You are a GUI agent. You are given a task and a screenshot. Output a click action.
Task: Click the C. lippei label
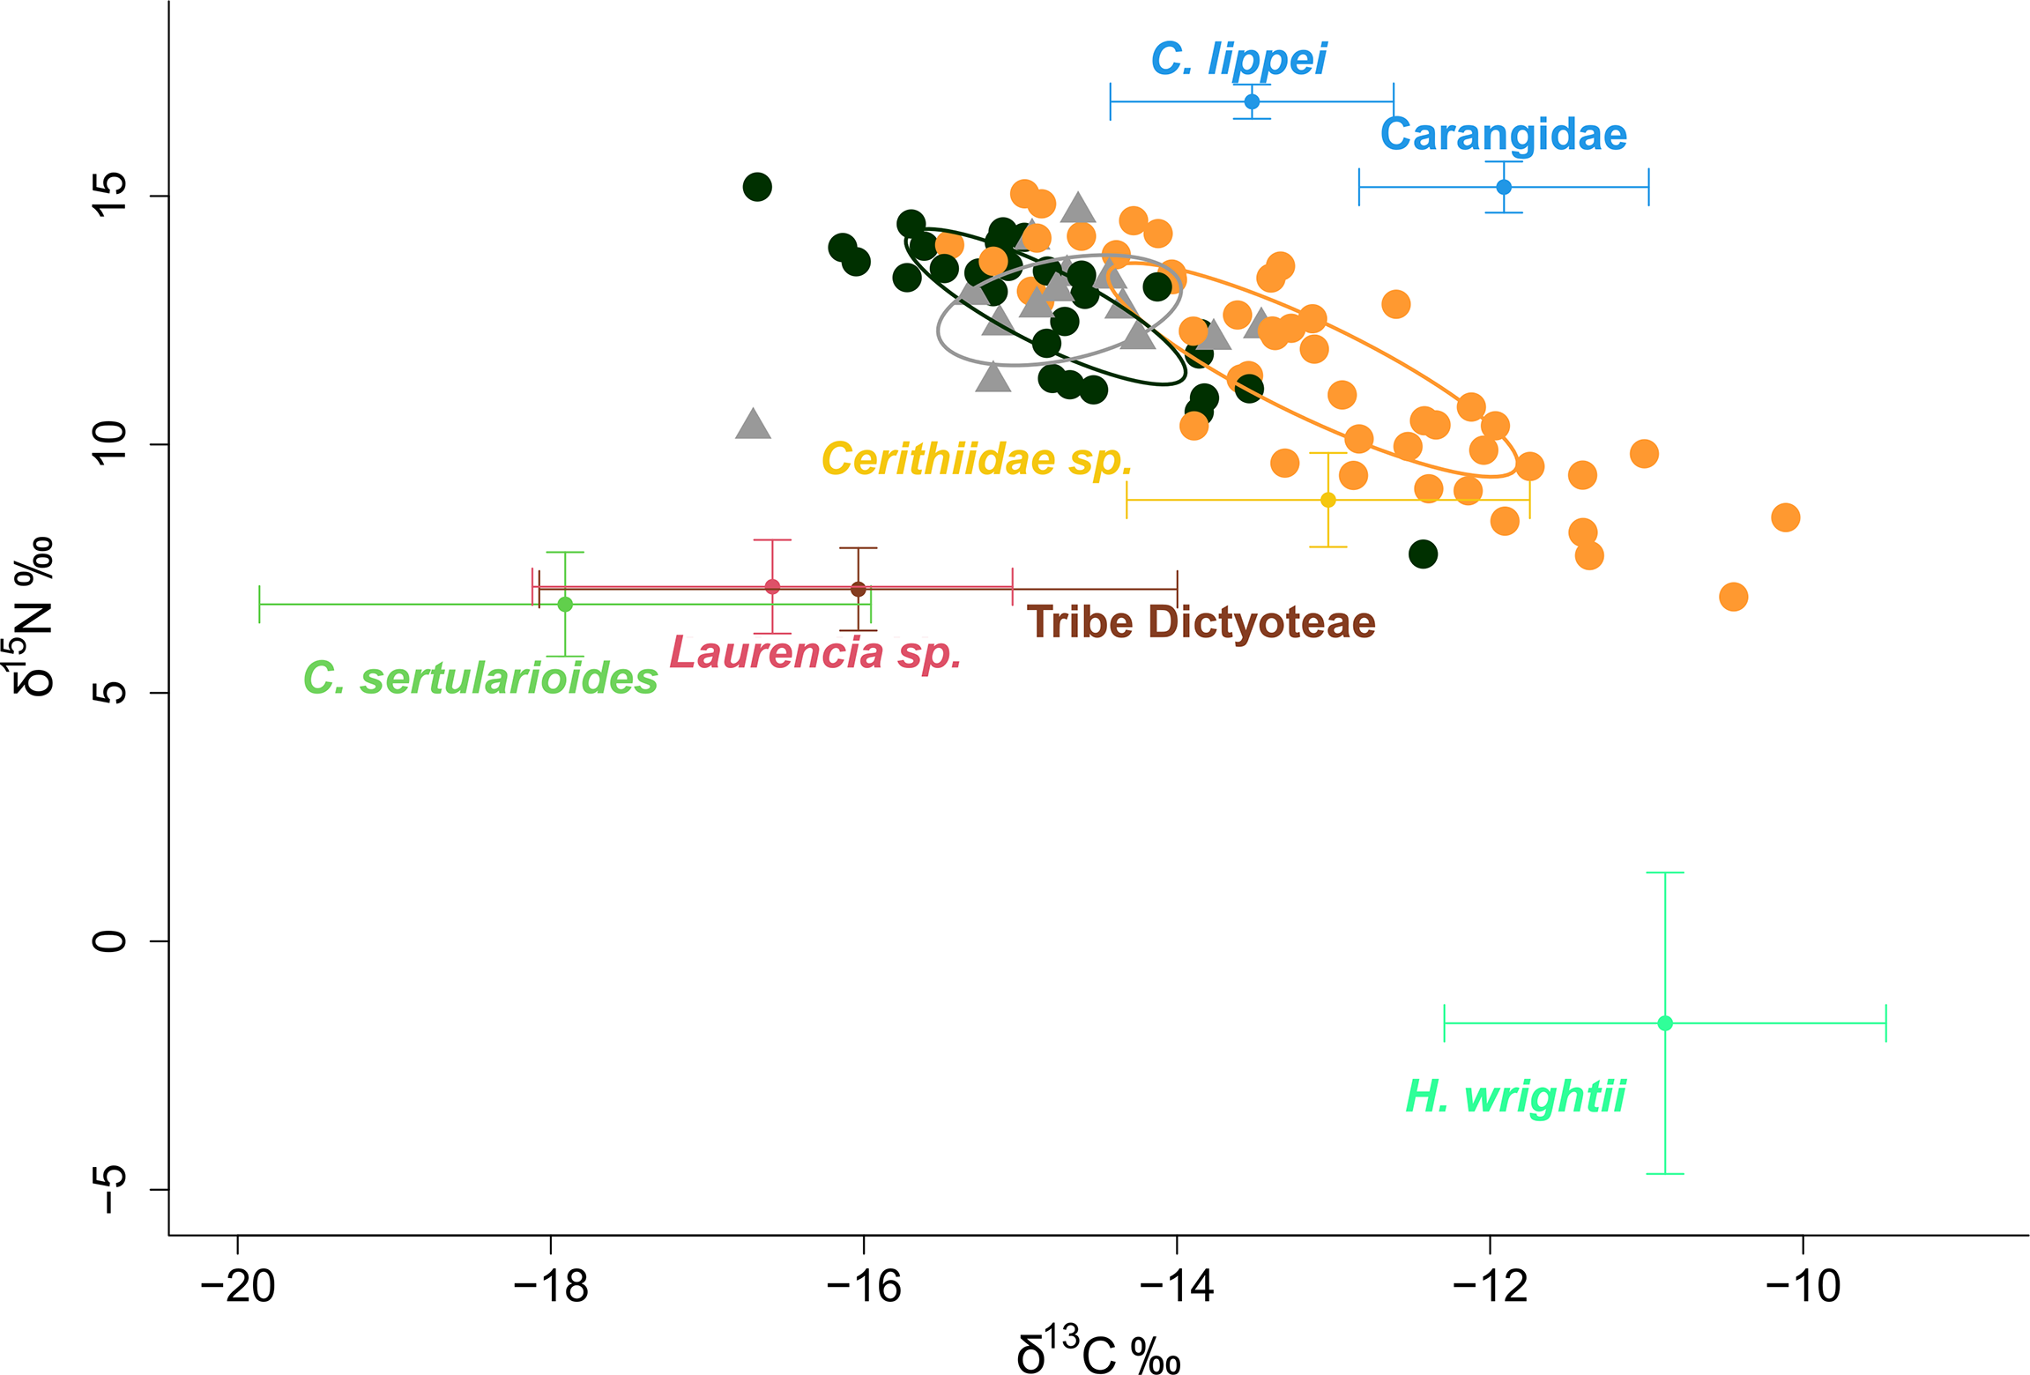click(1238, 60)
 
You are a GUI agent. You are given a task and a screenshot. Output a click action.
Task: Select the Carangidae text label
click(1503, 135)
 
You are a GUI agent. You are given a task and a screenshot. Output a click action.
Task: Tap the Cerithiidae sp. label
click(976, 459)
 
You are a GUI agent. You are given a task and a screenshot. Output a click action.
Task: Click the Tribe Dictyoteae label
click(1201, 622)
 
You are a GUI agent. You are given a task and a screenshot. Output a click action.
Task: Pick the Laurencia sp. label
click(815, 653)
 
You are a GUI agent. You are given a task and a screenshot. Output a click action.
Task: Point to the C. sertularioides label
click(480, 679)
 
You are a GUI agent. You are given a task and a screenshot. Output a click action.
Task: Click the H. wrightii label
click(1514, 1096)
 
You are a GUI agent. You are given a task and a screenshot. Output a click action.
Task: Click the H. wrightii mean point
click(1665, 1023)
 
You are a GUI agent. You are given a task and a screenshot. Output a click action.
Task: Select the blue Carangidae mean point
click(1504, 187)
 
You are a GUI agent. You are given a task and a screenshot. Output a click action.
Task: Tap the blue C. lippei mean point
click(1252, 102)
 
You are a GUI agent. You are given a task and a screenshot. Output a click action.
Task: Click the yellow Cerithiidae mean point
click(1328, 500)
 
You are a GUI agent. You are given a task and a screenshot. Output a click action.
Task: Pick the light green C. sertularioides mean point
click(565, 605)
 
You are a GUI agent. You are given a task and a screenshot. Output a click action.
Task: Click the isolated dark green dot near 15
click(757, 187)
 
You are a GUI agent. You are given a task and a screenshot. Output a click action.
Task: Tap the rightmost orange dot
click(1785, 517)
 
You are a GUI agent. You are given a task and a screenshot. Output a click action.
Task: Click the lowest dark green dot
click(1423, 554)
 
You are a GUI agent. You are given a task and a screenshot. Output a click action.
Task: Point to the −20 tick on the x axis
click(238, 1287)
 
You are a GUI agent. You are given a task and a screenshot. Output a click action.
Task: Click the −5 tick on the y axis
click(110, 1189)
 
